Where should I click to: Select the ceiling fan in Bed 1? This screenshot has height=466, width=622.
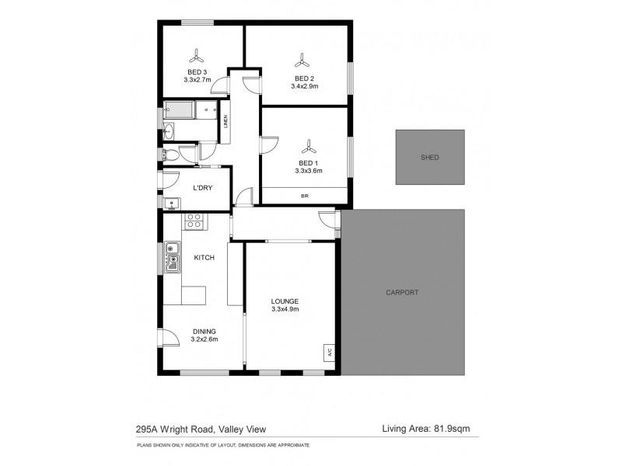pos(308,146)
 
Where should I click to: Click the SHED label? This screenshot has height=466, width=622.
pos(429,157)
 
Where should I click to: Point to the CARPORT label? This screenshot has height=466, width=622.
pos(402,293)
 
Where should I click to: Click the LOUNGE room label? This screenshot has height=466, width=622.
pos(285,301)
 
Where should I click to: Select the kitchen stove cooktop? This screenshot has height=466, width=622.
pos(194,221)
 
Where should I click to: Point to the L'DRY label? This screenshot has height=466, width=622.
pos(203,189)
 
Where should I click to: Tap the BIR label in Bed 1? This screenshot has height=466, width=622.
pos(304,196)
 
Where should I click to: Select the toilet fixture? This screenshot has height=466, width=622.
pos(173,155)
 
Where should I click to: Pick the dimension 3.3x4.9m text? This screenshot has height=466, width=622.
pos(285,309)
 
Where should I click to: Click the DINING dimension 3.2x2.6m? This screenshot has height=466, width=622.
pos(204,339)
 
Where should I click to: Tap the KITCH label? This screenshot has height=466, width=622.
pos(204,258)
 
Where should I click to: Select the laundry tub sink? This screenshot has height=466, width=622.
pos(173,204)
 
